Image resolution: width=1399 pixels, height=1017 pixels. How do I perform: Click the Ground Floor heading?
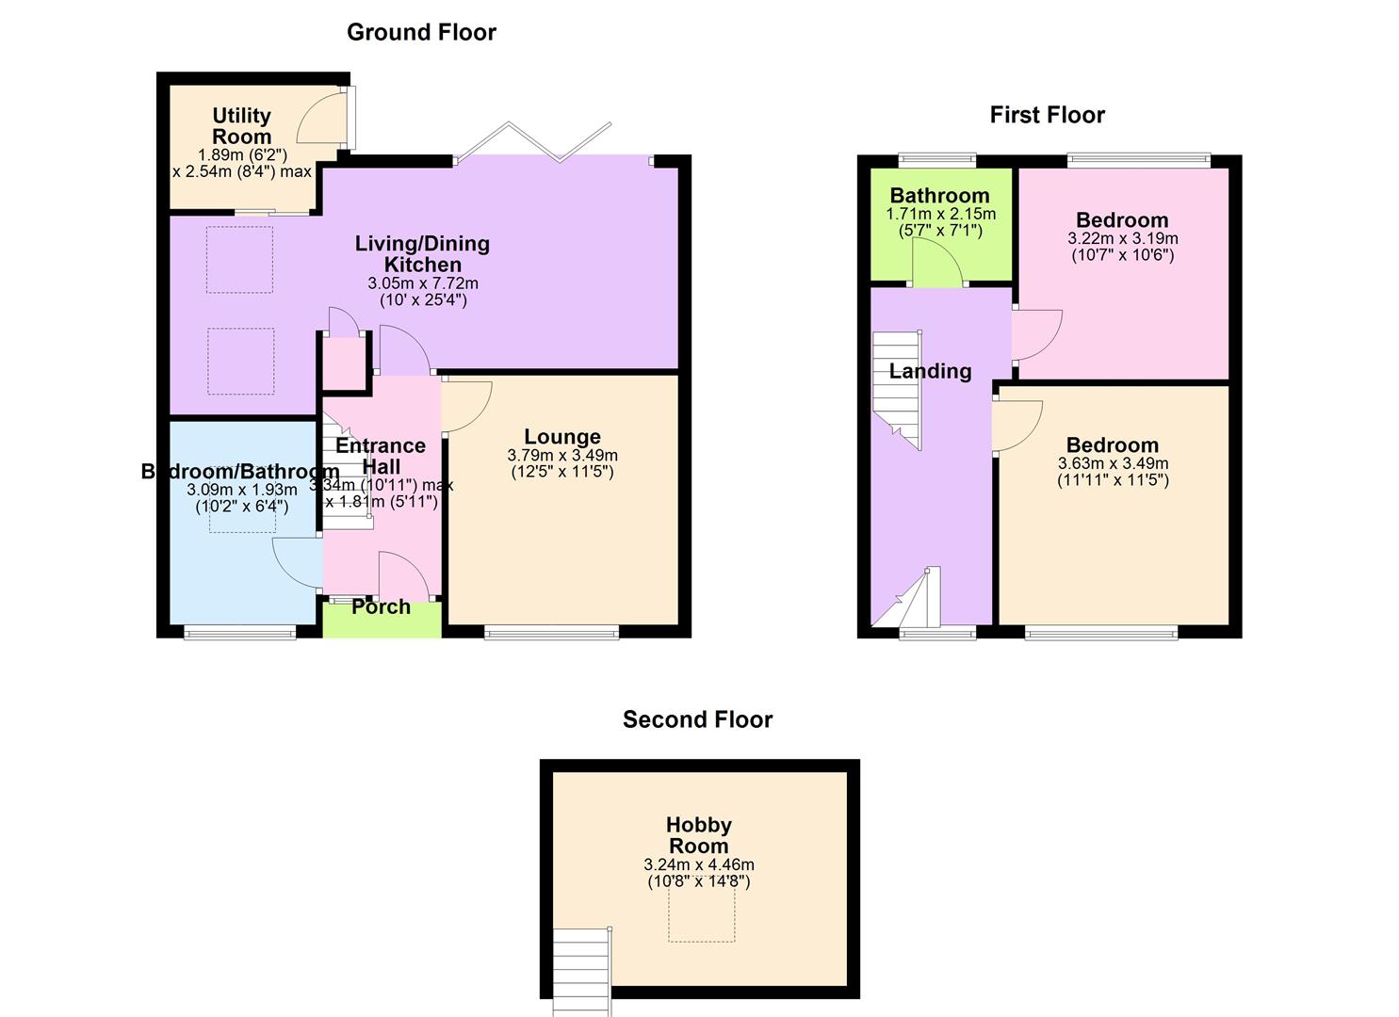pos(421,32)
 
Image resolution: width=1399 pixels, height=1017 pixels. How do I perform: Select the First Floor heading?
pos(1047,115)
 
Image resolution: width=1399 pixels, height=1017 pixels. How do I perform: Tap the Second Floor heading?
pos(697,719)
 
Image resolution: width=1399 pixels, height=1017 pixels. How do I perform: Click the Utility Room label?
pos(241,126)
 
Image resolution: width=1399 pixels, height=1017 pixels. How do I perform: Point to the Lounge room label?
pos(562,437)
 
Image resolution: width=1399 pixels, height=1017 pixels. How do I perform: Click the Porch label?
pos(381,607)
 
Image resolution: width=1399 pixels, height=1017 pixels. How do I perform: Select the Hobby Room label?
pos(698,835)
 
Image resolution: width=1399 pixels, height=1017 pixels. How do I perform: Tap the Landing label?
pos(930,371)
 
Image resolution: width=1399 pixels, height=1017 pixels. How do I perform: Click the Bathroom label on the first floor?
pos(939,196)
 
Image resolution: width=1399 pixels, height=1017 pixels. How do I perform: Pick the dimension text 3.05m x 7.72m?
pos(423,283)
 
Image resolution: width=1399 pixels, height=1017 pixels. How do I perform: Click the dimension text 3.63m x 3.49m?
pos(1113,463)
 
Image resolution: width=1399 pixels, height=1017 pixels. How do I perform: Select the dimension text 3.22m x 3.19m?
pos(1122,238)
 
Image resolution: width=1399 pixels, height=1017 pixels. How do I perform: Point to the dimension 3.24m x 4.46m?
pos(698,864)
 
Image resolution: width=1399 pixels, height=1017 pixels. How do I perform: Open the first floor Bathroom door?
pos(935,264)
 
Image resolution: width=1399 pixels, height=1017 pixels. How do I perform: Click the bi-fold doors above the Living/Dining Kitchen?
pos(533,143)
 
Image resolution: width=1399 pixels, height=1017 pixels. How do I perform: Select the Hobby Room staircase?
pos(581,970)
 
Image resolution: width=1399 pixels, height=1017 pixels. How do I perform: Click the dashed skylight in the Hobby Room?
pos(701,913)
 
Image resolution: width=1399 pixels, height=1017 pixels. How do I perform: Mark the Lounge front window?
pos(552,633)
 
